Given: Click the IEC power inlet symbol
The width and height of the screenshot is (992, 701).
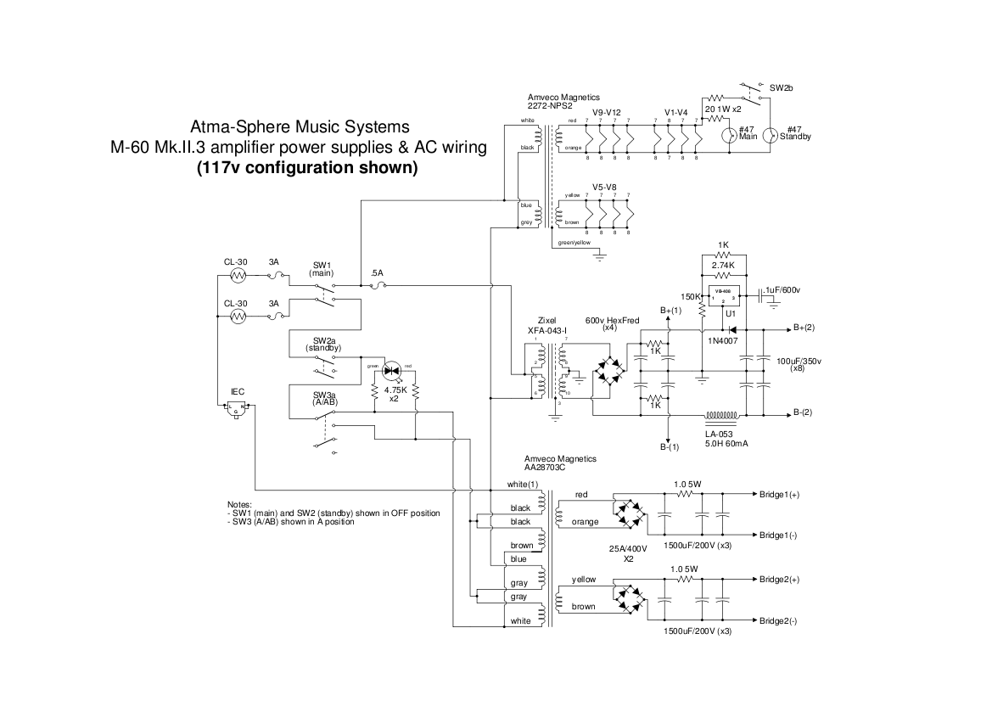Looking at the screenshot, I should [238, 407].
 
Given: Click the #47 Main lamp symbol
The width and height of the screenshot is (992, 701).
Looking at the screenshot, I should [727, 137].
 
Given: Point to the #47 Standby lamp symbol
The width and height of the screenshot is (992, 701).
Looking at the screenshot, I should [770, 137].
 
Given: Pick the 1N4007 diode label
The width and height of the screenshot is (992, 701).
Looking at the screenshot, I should [723, 340].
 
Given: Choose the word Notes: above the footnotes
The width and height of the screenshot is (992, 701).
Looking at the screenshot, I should [239, 505].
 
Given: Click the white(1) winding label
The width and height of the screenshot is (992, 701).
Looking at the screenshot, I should [523, 485].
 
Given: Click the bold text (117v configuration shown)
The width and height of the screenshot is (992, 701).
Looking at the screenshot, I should [306, 167].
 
